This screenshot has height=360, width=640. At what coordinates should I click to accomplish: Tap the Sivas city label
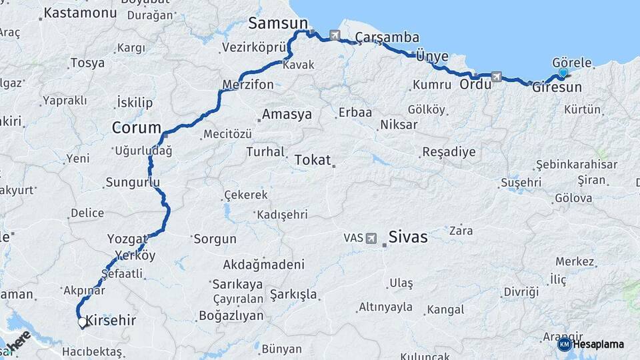(x=407, y=237)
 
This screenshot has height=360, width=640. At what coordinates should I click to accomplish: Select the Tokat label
(x=312, y=160)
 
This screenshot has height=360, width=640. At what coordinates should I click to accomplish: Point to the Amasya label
(x=287, y=114)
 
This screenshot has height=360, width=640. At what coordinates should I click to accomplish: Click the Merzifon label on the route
(x=248, y=85)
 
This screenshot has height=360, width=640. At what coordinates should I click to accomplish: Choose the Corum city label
(x=137, y=127)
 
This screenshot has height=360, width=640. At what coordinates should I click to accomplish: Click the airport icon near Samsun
(x=334, y=35)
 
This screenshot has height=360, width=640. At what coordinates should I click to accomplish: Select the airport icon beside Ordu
(x=496, y=77)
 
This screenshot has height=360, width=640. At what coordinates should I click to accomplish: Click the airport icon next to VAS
(x=371, y=238)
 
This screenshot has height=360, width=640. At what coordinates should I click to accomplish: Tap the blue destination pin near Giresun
(x=563, y=73)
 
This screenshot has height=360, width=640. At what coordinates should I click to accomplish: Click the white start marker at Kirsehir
(x=82, y=322)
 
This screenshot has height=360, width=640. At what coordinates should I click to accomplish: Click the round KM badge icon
(x=564, y=344)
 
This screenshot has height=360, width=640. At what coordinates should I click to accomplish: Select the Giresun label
(x=557, y=87)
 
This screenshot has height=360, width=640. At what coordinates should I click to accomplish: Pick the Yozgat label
(x=127, y=239)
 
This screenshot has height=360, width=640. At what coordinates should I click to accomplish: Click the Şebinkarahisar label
(x=576, y=165)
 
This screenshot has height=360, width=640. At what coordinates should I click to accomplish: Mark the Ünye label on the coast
(x=432, y=56)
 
